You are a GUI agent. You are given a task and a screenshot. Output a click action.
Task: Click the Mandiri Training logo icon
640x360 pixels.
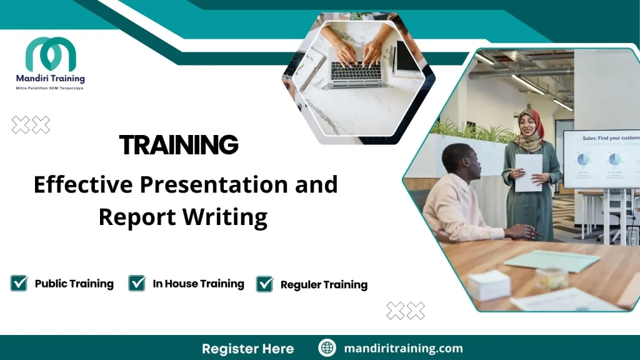click(51, 54)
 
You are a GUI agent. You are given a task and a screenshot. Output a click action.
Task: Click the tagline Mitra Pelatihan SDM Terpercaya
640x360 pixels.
click(50, 88)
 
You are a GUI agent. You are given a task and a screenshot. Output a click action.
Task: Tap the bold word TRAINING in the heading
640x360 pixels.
click(179, 145)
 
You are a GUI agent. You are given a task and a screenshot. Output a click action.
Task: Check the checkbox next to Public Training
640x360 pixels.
click(19, 283)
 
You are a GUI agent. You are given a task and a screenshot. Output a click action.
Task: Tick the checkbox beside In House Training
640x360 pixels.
click(137, 283)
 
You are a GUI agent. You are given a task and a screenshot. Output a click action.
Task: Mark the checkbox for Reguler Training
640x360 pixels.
click(265, 284)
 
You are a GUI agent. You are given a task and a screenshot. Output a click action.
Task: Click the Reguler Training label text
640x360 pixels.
click(324, 284)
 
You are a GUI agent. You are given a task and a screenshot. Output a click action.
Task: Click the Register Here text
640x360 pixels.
click(247, 348)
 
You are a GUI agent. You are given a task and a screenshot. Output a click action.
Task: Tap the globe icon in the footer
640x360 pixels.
click(327, 347)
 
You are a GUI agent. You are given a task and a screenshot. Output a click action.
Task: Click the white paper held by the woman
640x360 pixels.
click(529, 172)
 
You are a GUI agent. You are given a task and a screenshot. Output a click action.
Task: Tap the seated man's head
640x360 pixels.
click(462, 162)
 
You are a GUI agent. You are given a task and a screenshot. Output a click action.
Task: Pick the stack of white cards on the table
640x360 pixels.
click(489, 285)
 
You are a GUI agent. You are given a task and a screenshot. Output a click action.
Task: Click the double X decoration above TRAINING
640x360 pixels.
click(31, 125)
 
